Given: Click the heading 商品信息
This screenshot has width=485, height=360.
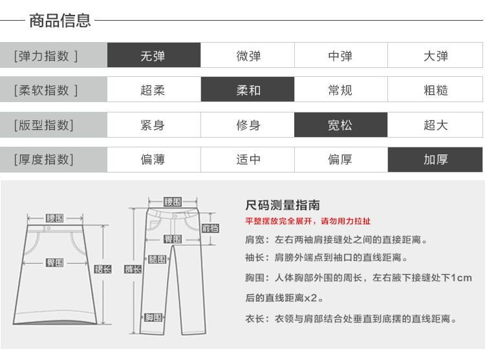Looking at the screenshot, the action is (x=60, y=21).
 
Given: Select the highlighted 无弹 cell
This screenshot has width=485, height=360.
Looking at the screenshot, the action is (x=153, y=56).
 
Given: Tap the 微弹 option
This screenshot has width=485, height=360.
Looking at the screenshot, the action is (x=248, y=56).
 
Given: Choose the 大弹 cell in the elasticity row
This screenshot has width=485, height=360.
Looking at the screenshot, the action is (x=435, y=56).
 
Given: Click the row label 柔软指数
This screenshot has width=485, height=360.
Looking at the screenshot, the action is (x=45, y=90).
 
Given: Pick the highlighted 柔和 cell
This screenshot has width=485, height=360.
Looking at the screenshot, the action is (x=248, y=90).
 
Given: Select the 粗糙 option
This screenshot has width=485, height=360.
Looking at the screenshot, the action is (x=435, y=90).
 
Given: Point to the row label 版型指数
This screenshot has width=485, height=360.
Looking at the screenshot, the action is (x=44, y=125).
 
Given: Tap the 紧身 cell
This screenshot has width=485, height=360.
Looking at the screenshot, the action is (x=153, y=125).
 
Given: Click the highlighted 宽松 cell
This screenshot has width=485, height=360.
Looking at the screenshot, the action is (x=340, y=125).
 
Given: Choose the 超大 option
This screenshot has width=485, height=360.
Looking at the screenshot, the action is (x=435, y=125).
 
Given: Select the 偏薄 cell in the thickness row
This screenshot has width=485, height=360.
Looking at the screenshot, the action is (x=153, y=159).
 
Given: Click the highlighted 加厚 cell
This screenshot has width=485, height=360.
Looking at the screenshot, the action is (x=435, y=159).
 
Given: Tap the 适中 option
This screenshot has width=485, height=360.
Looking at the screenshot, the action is (x=248, y=159).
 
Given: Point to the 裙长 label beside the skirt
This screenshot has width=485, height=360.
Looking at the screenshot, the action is (x=103, y=269).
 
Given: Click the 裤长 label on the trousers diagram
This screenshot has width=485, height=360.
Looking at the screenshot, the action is (x=133, y=269).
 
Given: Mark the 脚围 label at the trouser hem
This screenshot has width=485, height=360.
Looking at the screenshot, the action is (x=154, y=317).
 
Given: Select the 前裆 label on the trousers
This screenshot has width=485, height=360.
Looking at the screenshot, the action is (x=210, y=228).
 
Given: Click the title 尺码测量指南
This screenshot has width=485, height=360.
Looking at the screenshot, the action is (x=283, y=206).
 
